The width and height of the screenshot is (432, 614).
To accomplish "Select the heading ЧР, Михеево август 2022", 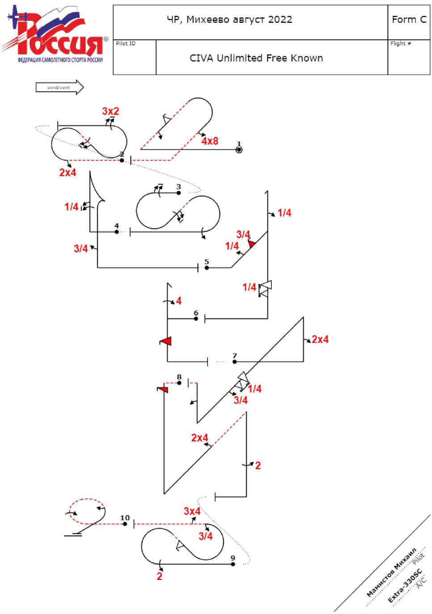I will (x=229, y=20).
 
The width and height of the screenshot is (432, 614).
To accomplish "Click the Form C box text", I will (x=409, y=20).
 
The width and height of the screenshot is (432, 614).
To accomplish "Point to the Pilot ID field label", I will (x=126, y=43).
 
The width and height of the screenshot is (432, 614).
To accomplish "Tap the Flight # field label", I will (x=401, y=43).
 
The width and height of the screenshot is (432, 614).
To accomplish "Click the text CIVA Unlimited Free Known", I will (x=256, y=58).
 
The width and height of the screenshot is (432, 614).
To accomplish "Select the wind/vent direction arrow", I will (x=59, y=87).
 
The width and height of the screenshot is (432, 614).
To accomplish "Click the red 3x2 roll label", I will (x=110, y=111).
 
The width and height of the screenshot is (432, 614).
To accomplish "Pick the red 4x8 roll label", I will (x=209, y=141).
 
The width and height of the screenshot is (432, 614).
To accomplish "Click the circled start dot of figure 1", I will (x=239, y=149).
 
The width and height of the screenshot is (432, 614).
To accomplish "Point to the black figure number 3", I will (x=178, y=187).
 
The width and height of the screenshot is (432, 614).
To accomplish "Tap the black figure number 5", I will (x=207, y=262).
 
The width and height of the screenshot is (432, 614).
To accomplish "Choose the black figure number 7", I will (x=234, y=356).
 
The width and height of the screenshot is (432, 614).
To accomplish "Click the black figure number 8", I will (x=179, y=377).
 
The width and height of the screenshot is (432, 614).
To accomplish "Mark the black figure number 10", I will (x=125, y=518).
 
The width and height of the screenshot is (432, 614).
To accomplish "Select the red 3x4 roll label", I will (x=192, y=511).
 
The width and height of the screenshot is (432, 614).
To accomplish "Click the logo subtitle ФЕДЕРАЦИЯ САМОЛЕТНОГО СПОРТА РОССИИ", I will (x=60, y=60).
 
